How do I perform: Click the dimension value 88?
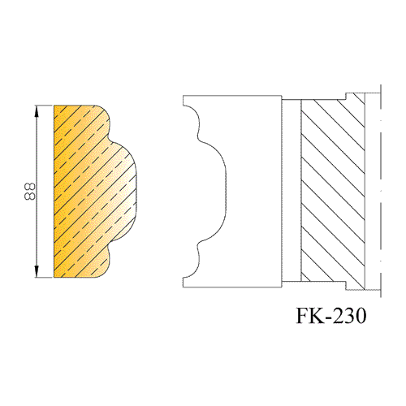(x=29, y=192)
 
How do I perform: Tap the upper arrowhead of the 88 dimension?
(x=37, y=111)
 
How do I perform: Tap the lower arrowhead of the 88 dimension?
(x=37, y=271)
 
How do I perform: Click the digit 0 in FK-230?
(x=361, y=315)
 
